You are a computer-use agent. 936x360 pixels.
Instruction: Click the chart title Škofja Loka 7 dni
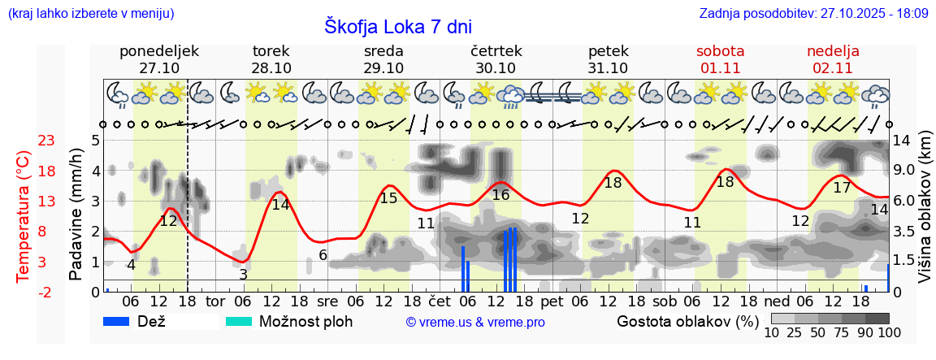tap(397, 26)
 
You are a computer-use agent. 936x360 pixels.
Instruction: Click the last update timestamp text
tap(813, 14)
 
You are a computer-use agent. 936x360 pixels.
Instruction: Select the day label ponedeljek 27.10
tap(159, 59)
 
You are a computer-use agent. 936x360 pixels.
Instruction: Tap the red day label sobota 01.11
tap(720, 59)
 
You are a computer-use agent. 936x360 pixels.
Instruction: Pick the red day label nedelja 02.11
tap(833, 59)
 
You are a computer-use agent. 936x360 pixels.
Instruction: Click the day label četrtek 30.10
tap(496, 59)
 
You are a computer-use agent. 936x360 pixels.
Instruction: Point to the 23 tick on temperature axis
tap(46, 141)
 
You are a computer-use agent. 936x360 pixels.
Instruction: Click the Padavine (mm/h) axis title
tap(76, 215)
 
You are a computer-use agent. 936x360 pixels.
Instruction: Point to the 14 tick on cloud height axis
tap(903, 140)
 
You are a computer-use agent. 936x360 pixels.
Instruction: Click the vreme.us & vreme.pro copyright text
tap(475, 322)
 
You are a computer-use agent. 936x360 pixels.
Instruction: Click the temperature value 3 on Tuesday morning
tap(243, 275)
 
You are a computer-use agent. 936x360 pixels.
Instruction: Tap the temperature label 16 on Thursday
tap(500, 195)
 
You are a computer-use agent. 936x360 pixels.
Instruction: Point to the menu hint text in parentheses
tap(90, 14)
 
